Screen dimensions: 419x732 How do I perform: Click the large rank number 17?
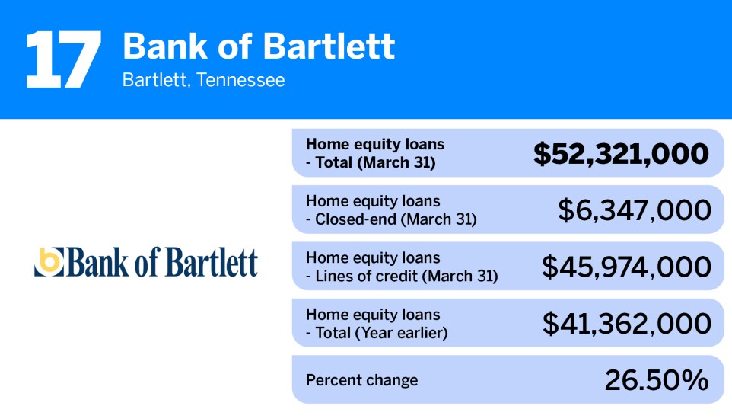(x=63, y=59)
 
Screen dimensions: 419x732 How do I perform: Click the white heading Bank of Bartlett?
(x=259, y=46)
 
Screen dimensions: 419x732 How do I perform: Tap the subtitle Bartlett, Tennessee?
(x=203, y=80)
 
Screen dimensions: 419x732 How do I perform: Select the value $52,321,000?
(x=621, y=154)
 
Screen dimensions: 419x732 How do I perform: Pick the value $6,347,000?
(x=635, y=210)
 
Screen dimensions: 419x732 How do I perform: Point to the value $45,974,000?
(x=626, y=267)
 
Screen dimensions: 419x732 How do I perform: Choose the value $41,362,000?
(x=627, y=324)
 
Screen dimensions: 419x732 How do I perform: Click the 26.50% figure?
(x=657, y=380)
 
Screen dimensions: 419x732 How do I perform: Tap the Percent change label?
(x=361, y=380)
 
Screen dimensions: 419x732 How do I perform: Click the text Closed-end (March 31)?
(x=396, y=219)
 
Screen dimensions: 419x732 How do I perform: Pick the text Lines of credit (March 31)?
(x=406, y=276)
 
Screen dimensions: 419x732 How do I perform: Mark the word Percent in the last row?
(x=330, y=380)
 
